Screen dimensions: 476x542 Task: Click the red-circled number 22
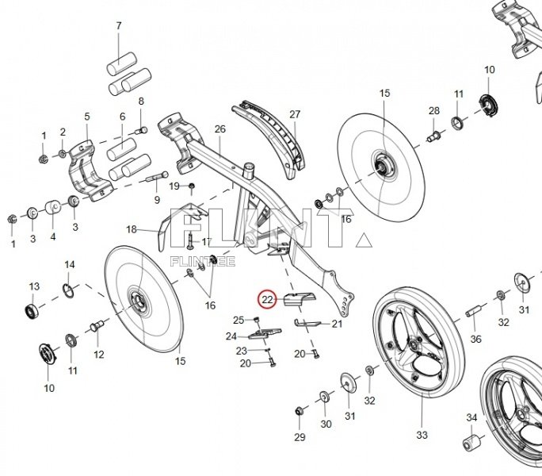[x=267, y=299]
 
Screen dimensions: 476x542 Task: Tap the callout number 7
[x=119, y=26]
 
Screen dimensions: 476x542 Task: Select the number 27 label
[x=295, y=115]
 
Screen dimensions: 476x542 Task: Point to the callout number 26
[x=219, y=129]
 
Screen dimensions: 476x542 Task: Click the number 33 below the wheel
[x=422, y=435]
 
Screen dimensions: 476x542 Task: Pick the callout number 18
[x=132, y=229]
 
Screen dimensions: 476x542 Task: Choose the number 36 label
[x=475, y=339]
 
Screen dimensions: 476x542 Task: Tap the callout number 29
[x=299, y=437]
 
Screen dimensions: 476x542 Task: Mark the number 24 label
[x=231, y=336]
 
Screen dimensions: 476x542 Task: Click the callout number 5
[x=86, y=117]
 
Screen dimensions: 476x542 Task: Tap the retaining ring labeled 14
[x=68, y=287]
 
